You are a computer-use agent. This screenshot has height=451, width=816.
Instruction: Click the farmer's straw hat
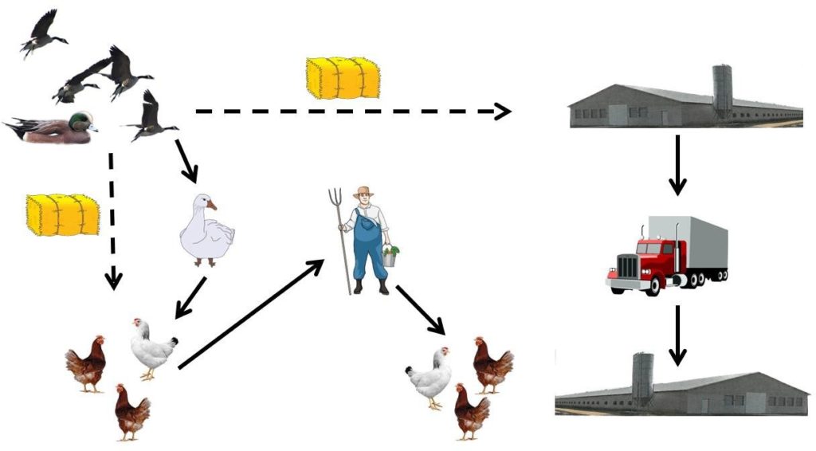363,193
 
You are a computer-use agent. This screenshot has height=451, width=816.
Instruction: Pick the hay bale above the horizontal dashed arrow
343,77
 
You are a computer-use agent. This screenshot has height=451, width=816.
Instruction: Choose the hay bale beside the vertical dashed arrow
63,214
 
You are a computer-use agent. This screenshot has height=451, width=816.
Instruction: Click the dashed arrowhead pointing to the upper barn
502,112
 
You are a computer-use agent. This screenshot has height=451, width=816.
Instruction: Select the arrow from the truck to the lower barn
677,335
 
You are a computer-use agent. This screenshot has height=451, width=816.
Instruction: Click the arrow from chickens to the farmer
250,315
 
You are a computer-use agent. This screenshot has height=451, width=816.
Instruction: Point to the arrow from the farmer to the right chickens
421,309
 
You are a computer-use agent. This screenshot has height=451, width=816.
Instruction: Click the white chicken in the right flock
431,377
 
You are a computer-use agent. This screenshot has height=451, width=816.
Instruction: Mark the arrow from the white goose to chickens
191,297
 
